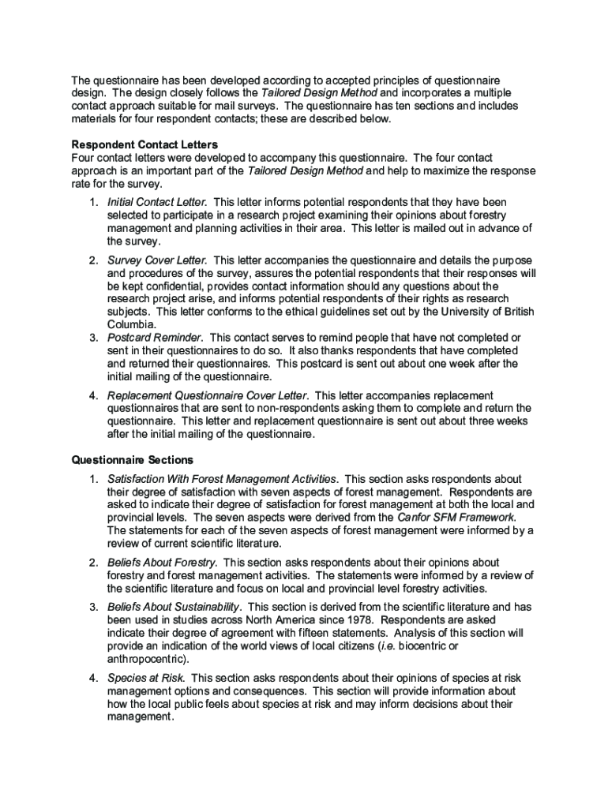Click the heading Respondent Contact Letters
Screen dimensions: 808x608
click(144, 145)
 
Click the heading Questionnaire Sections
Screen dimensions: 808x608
click(132, 459)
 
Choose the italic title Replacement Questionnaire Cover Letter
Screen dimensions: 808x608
click(208, 395)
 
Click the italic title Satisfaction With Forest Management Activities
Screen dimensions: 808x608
click(222, 479)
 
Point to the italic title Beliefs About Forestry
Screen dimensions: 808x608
click(162, 563)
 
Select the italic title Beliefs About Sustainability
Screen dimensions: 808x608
click(174, 607)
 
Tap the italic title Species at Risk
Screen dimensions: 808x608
click(146, 678)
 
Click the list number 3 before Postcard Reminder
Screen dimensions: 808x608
click(93, 338)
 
